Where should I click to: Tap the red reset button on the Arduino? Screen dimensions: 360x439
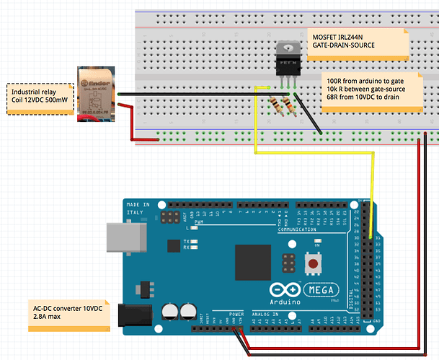314,265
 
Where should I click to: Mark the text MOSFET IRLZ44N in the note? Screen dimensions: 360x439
337,36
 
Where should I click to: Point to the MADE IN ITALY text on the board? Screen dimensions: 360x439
138,209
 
